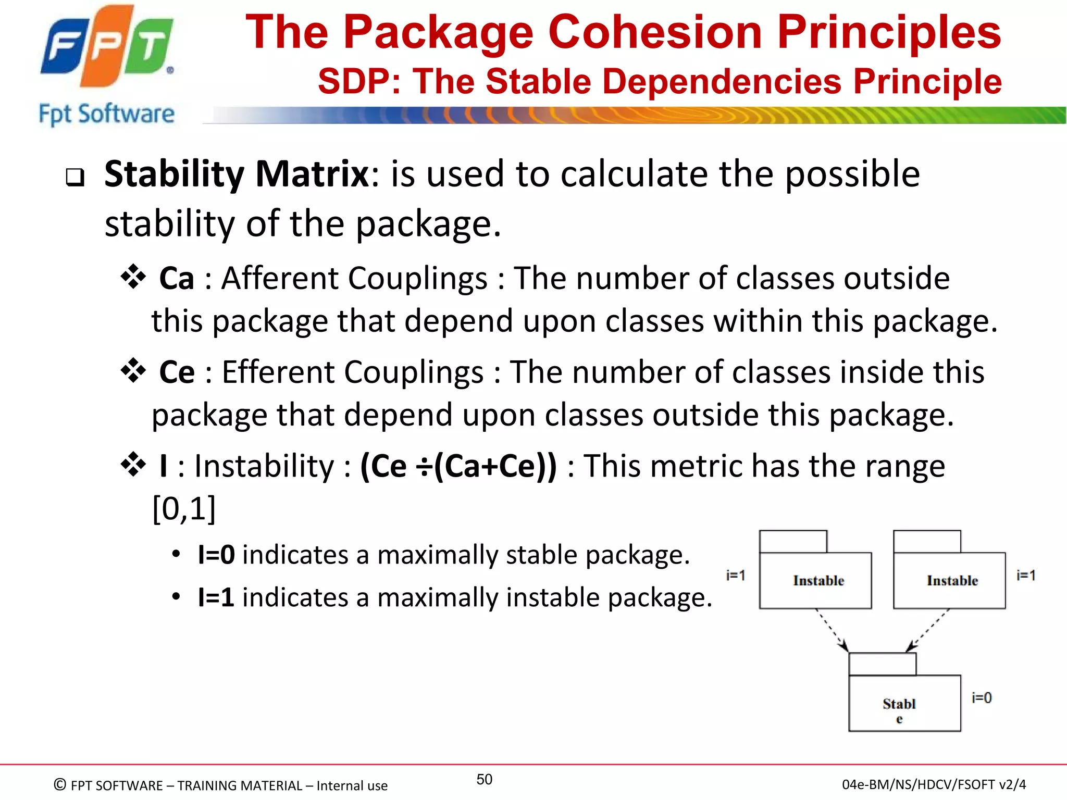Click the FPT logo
[x=107, y=47]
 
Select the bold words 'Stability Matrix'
[x=237, y=174]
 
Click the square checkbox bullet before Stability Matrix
[x=75, y=178]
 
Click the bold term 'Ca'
[x=177, y=278]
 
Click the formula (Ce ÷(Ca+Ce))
[x=458, y=466]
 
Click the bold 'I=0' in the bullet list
[x=216, y=554]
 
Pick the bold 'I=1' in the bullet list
[x=216, y=597]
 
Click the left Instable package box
[x=815, y=580]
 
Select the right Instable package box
[x=949, y=580]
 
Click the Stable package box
[x=904, y=703]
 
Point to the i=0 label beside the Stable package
[x=982, y=698]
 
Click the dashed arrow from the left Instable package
[x=832, y=630]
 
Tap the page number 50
[x=484, y=779]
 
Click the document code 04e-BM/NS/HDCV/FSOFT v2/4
[x=934, y=784]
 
